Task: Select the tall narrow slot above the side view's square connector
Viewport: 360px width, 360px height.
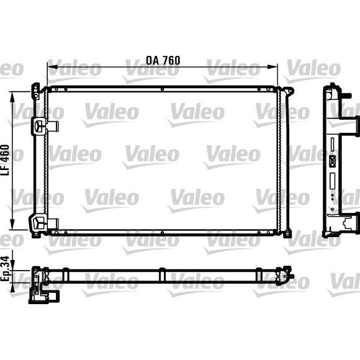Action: tap(333, 145)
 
